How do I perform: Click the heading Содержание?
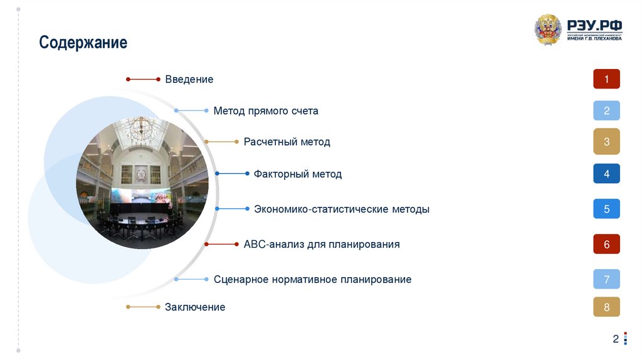click(x=83, y=43)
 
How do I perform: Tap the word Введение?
click(x=189, y=80)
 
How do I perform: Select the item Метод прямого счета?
click(x=266, y=111)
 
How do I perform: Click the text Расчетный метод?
click(x=287, y=142)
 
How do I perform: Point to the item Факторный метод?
click(x=298, y=174)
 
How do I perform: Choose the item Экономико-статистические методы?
click(x=342, y=209)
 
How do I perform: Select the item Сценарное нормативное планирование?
click(x=312, y=279)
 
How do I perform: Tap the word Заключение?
click(x=195, y=307)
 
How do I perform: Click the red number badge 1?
click(x=606, y=79)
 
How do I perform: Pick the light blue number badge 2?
click(x=606, y=111)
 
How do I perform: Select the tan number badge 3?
click(x=606, y=142)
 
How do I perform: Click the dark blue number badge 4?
click(x=606, y=174)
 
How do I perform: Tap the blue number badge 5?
click(x=606, y=209)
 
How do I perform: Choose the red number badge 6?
click(x=606, y=244)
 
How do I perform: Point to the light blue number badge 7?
click(x=606, y=279)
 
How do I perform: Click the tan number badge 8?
click(x=606, y=307)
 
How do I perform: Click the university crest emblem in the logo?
click(x=548, y=29)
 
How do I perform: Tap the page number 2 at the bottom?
click(x=616, y=339)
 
